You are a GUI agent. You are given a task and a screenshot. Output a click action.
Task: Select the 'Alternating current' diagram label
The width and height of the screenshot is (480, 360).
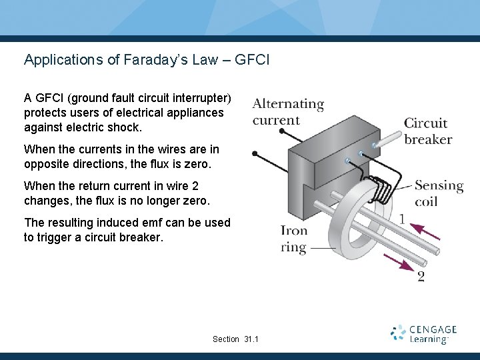[x=288, y=112]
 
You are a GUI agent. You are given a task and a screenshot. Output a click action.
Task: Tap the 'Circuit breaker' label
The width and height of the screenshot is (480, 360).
[x=428, y=131]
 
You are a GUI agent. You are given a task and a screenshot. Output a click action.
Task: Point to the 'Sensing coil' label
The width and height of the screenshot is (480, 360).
[x=439, y=193]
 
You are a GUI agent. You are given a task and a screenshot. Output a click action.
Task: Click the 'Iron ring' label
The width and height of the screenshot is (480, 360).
[x=294, y=239]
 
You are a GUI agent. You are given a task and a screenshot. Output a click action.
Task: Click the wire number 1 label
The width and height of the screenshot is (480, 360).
[x=402, y=219]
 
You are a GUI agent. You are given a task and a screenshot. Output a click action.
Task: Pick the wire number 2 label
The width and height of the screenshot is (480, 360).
[x=421, y=276]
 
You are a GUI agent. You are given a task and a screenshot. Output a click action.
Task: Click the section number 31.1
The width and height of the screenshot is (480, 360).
[x=251, y=339]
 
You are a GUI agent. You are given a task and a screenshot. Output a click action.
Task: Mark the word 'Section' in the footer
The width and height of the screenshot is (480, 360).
[x=226, y=339]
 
